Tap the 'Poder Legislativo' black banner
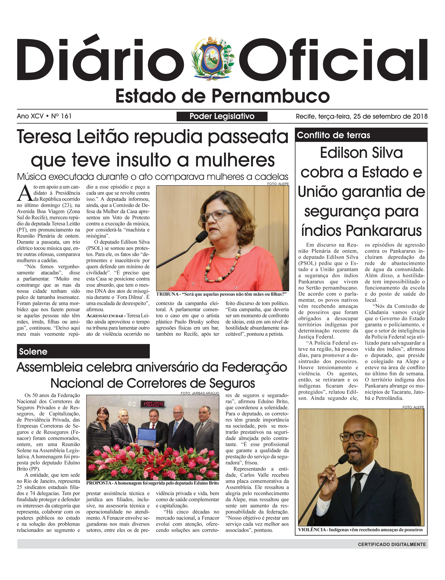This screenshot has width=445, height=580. point(222,116)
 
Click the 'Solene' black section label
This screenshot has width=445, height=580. point(83,351)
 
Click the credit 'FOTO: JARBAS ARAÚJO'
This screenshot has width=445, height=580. point(200,393)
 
